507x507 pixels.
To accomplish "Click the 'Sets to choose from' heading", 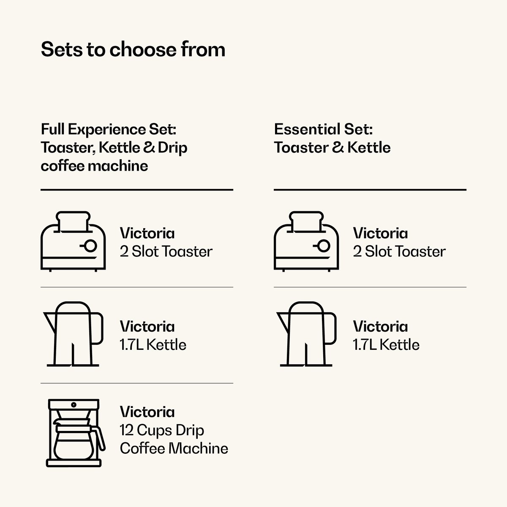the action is point(133,49).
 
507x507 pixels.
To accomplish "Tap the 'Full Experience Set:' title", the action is point(109,129).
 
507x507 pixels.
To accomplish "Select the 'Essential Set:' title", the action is point(323,129).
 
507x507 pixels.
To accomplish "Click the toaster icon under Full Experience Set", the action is point(73,241).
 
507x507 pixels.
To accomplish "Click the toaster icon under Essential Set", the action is point(306,241).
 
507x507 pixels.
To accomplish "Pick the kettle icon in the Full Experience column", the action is point(73,334).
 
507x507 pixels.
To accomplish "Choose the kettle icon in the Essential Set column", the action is point(306,334).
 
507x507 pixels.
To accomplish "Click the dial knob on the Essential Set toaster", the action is point(324,246).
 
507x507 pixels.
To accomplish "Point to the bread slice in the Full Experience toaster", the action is point(73,221).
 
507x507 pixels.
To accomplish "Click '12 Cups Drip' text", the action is point(162,430).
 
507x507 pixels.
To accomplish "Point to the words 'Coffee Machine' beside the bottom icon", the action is point(174,448).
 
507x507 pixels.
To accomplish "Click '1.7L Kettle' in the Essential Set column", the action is point(386,345).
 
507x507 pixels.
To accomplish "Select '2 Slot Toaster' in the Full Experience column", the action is point(166,251).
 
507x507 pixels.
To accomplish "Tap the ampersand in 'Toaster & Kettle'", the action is point(338,147).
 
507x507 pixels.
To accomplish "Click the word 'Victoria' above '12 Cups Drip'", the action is point(147,412).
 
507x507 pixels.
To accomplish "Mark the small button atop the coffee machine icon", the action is point(74,405).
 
